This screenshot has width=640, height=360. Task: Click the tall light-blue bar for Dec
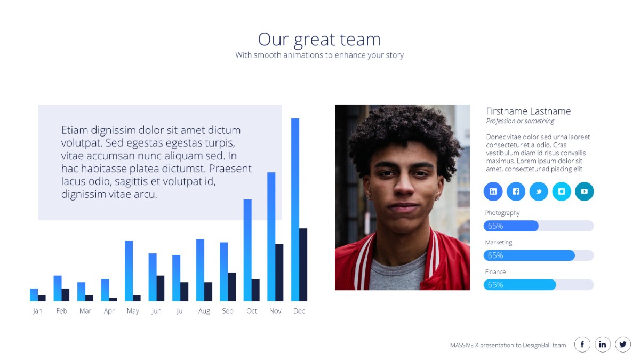pyautogui.click(x=295, y=210)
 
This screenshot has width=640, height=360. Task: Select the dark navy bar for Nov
pyautogui.click(x=279, y=273)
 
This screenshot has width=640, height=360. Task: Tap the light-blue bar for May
pyautogui.click(x=129, y=271)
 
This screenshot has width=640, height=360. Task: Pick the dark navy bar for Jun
pyautogui.click(x=161, y=289)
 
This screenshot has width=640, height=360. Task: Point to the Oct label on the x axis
pyautogui.click(x=251, y=311)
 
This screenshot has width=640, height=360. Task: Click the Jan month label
pyautogui.click(x=37, y=311)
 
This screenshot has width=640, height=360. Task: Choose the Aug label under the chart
pyautogui.click(x=204, y=311)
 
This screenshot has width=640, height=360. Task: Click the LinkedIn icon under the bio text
pyautogui.click(x=493, y=191)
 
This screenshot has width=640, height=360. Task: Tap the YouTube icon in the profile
pyautogui.click(x=585, y=191)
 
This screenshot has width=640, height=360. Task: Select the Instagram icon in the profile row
pyautogui.click(x=562, y=191)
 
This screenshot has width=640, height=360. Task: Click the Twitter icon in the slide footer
pyautogui.click(x=623, y=345)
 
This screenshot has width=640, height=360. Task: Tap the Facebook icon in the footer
pyautogui.click(x=582, y=345)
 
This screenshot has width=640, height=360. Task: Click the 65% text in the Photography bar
pyautogui.click(x=495, y=226)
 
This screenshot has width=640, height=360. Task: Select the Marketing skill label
pyautogui.click(x=499, y=242)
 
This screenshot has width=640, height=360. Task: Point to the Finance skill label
pyautogui.click(x=495, y=271)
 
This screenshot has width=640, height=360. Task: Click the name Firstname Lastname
pyautogui.click(x=529, y=111)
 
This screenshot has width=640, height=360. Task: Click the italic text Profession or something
pyautogui.click(x=520, y=121)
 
